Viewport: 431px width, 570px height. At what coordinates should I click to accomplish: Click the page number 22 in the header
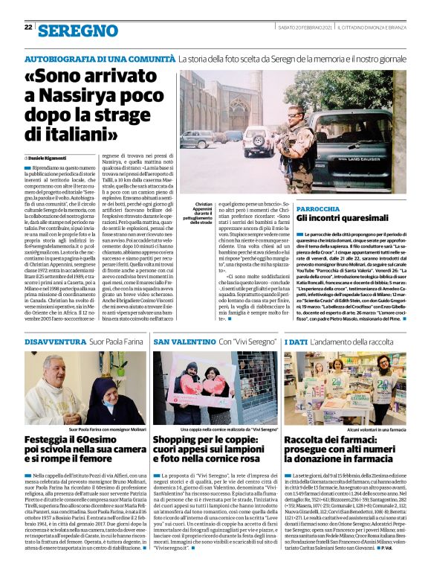pyautogui.click(x=28, y=28)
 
